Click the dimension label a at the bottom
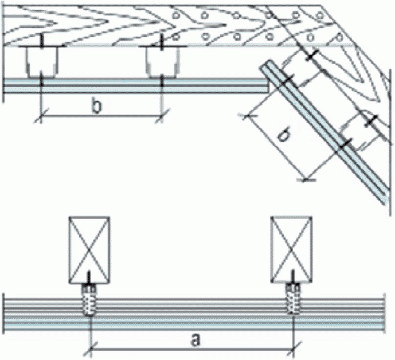point(195,340)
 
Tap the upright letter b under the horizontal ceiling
point(96,106)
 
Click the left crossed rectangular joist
point(89,250)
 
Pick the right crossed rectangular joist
point(291,249)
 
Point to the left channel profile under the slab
point(42,62)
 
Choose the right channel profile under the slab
point(162,62)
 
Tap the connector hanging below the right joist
point(293,299)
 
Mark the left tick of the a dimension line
point(91,350)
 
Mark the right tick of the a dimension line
point(294,350)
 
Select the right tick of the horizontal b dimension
point(162,116)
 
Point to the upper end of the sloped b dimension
point(247,116)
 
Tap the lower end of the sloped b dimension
point(306,179)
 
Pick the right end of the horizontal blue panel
point(268,85)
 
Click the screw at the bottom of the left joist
point(89,276)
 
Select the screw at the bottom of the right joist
point(293,276)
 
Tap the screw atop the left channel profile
point(42,42)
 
